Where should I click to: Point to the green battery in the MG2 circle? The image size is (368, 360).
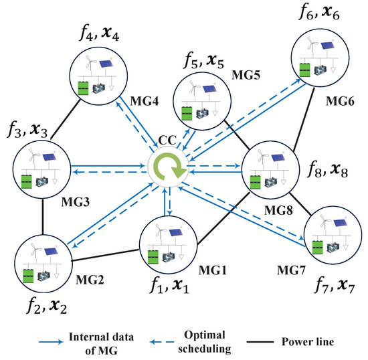click(29, 273)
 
